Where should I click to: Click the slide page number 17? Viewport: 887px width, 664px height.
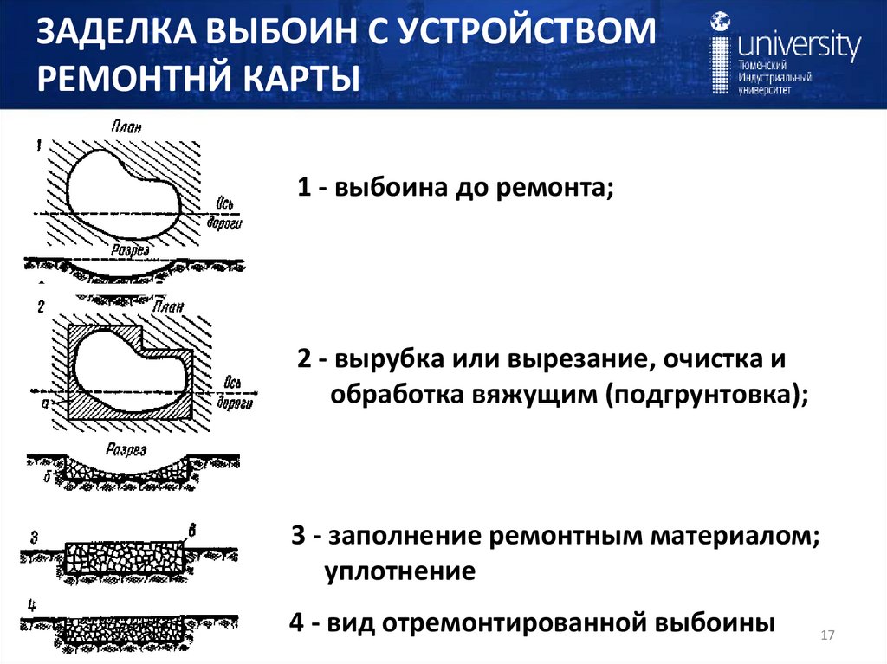pyautogui.click(x=826, y=636)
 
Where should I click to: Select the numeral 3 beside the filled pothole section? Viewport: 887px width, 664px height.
pyautogui.click(x=34, y=537)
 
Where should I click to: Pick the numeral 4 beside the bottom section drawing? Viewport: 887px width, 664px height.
pyautogui.click(x=32, y=603)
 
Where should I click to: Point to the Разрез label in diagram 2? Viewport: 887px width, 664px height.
pyautogui.click(x=126, y=449)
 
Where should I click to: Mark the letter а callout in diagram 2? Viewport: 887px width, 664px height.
pyautogui.click(x=45, y=402)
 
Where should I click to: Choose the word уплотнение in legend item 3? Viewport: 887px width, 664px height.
pyautogui.click(x=400, y=571)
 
